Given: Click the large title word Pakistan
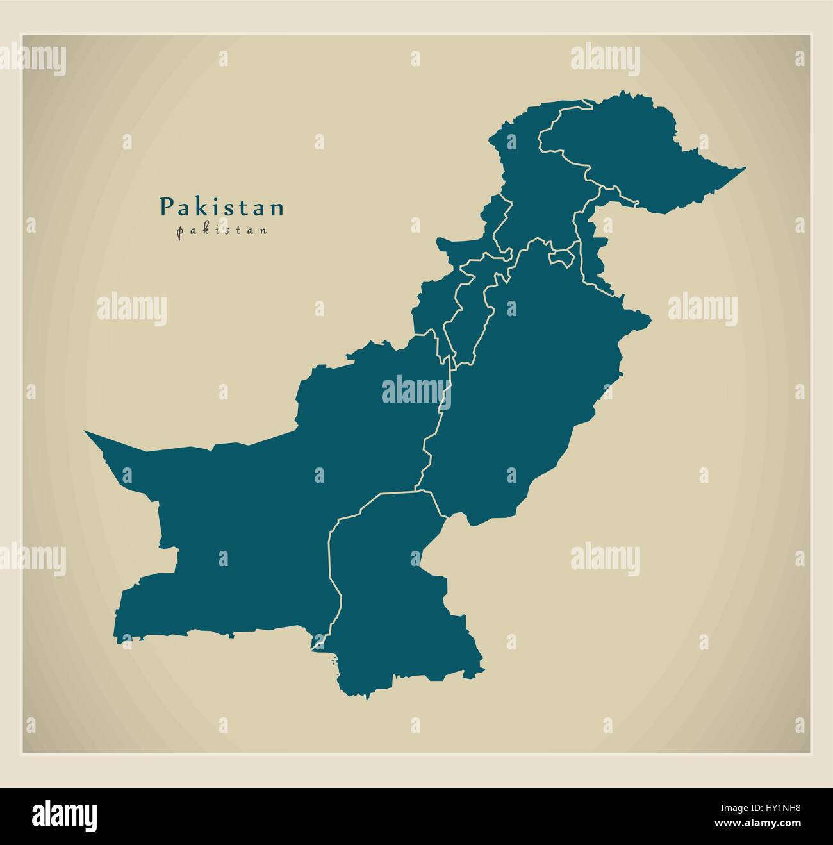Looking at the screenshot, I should point(222,207).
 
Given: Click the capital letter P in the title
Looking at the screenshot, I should point(165,206).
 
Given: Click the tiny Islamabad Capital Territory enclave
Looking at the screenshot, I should point(561,256).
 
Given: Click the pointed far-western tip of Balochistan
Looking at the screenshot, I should point(87,432).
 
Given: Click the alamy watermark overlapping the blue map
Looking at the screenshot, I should point(416,390).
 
